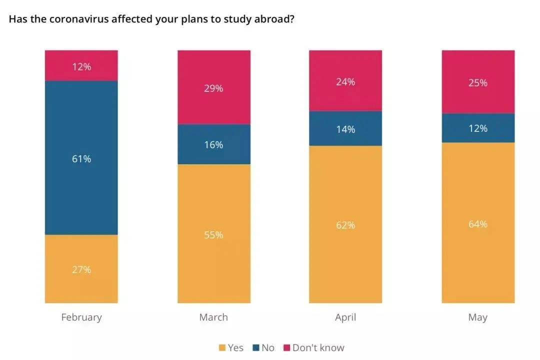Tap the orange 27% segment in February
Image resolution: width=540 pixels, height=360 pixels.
tap(81, 269)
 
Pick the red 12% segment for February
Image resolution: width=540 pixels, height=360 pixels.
tap(81, 65)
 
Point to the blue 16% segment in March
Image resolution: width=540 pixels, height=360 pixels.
tap(214, 144)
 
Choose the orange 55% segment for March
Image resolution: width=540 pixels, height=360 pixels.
tap(214, 234)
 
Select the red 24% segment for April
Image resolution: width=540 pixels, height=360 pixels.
tap(345, 81)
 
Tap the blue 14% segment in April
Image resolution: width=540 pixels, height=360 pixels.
tap(345, 128)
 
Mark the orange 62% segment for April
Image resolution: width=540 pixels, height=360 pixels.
tap(345, 224)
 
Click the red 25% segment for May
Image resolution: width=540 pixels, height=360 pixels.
tap(478, 82)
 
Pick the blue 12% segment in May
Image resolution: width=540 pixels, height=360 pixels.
tap(478, 128)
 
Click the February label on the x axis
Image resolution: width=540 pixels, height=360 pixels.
tap(81, 317)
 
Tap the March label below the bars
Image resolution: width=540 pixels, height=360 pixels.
tap(214, 317)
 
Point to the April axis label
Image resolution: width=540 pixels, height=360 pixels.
tap(345, 317)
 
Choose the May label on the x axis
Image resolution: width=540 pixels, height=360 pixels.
tap(478, 317)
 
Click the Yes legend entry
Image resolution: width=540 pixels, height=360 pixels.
tap(231, 348)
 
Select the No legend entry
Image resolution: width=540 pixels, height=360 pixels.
tap(263, 348)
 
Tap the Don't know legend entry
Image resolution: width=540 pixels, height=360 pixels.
tap(314, 348)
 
